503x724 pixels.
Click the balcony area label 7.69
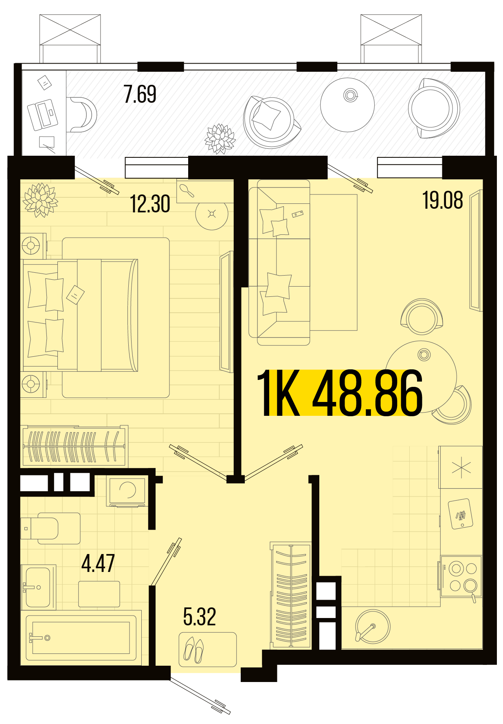pyautogui.click(x=140, y=94)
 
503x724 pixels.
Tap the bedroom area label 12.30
pyautogui.click(x=150, y=204)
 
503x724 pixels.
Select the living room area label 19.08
pyautogui.click(x=443, y=200)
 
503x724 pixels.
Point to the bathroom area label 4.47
pyautogui.click(x=98, y=563)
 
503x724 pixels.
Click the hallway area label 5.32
pyautogui.click(x=200, y=616)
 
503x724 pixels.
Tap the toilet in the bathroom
pyautogui.click(x=51, y=528)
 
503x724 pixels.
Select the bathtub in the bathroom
pyautogui.click(x=81, y=638)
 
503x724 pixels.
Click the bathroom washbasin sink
pyautogui.click(x=38, y=587)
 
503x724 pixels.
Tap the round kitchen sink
pyautogui.click(x=372, y=626)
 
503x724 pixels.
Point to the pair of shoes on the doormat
pyautogui.click(x=194, y=650)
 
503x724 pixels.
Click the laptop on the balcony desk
pyautogui.click(x=42, y=115)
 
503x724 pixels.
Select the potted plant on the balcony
pyautogui.click(x=220, y=139)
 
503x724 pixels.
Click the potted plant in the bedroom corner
pyautogui.click(x=40, y=200)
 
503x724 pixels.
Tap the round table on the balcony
pyautogui.click(x=347, y=105)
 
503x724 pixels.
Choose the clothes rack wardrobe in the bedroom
pyautogui.click(x=74, y=446)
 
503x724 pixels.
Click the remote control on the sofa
pyautogui.click(x=298, y=214)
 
